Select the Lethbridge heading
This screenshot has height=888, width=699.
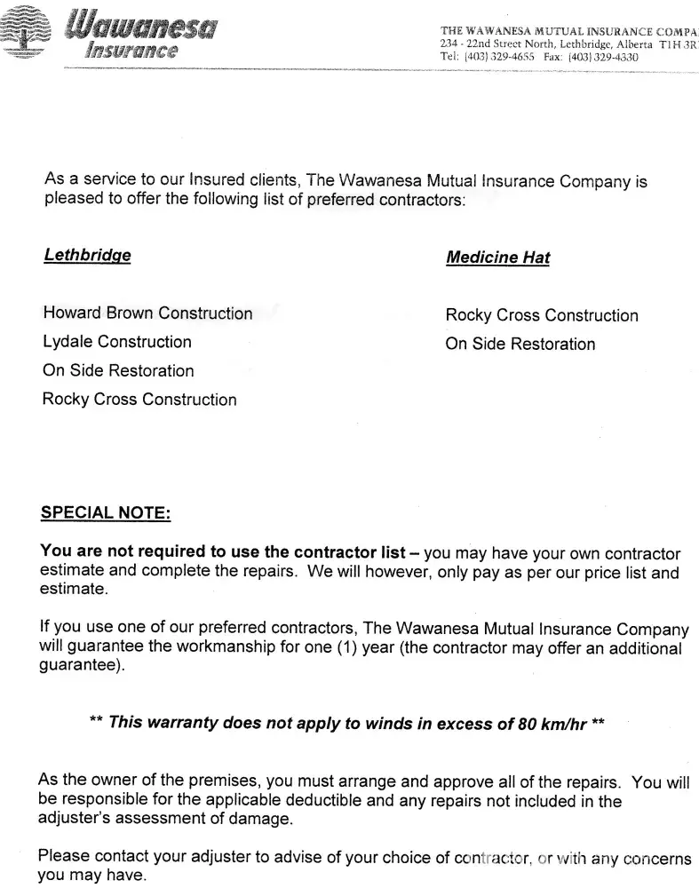(87, 256)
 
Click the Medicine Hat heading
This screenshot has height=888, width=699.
(497, 258)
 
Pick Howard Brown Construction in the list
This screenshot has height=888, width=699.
(147, 313)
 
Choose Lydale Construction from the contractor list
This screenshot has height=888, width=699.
(116, 342)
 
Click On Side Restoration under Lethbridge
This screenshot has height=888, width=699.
(118, 371)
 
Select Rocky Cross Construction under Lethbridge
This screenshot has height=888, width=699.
(139, 400)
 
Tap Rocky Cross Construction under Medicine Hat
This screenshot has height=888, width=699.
(542, 316)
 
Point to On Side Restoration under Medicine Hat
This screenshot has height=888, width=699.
(520, 345)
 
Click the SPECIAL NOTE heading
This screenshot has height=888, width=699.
(106, 513)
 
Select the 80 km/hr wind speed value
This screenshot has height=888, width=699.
(552, 723)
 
